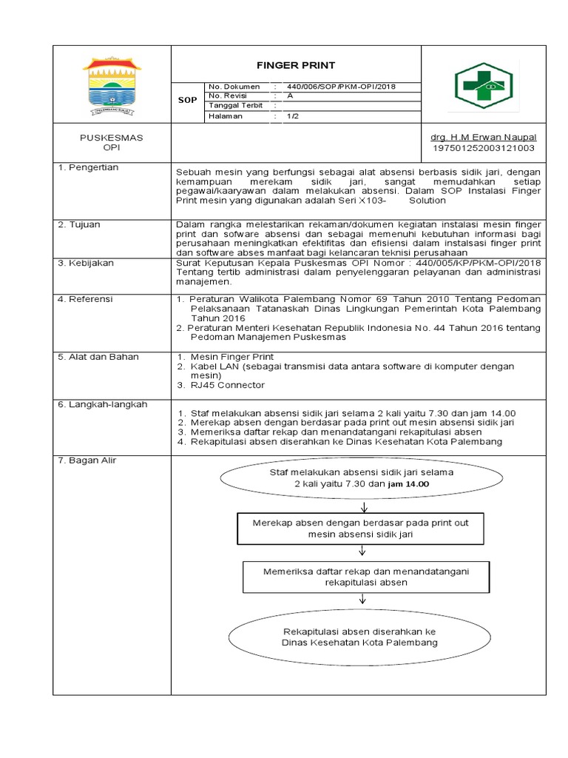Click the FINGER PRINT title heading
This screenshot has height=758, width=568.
[x=296, y=65]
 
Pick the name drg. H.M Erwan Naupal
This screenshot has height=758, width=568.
[x=483, y=138]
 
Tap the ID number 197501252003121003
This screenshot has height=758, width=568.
[x=483, y=148]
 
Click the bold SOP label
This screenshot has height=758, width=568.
[x=188, y=99]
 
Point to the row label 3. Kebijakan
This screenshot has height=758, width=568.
[x=86, y=263]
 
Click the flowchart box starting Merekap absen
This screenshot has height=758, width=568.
[x=361, y=527]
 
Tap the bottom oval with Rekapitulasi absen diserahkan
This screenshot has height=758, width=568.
[x=359, y=637]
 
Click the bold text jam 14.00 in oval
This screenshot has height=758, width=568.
[x=409, y=483]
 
